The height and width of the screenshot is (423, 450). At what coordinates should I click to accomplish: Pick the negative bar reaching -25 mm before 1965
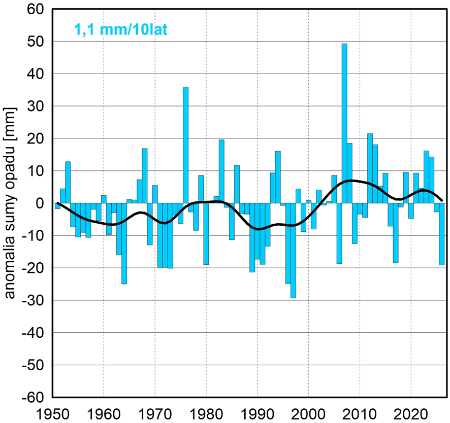point(124,243)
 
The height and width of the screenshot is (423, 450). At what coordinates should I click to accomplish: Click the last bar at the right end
point(442,234)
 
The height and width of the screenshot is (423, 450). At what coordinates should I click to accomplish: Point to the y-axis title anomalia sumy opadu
point(10,203)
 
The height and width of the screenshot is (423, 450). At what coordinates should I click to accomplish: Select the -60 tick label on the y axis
point(32,397)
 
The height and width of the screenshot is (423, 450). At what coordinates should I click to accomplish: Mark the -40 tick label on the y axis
point(32,333)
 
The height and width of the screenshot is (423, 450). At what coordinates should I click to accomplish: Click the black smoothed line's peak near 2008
point(349,181)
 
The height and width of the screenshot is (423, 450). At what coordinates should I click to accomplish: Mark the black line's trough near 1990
point(259,229)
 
